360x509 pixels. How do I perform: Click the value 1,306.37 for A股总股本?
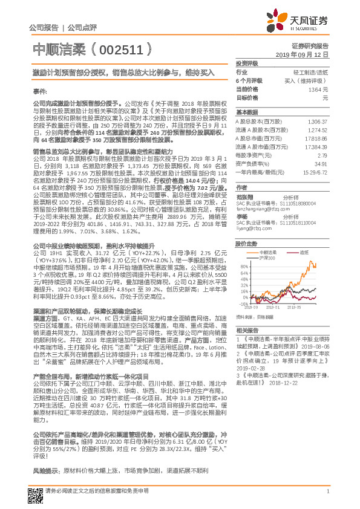click(x=318, y=122)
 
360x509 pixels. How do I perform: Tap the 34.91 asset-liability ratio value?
click(x=322, y=163)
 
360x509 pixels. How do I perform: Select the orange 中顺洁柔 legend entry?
click(x=269, y=251)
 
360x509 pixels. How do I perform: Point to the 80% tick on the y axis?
click(x=243, y=266)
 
